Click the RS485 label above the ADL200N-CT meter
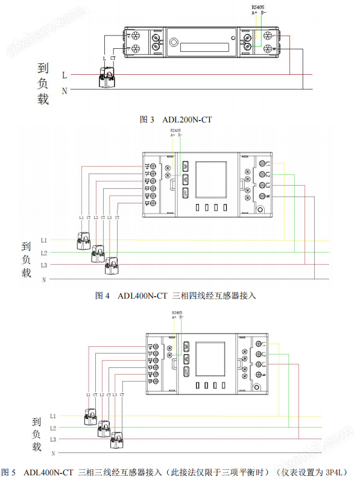[258, 7]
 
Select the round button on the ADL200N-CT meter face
[175, 43]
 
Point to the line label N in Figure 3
[65, 90]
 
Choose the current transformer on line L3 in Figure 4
[112, 265]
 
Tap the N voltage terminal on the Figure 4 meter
[263, 197]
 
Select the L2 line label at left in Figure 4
[43, 252]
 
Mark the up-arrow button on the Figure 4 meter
[185, 165]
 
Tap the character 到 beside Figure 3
[43, 69]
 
